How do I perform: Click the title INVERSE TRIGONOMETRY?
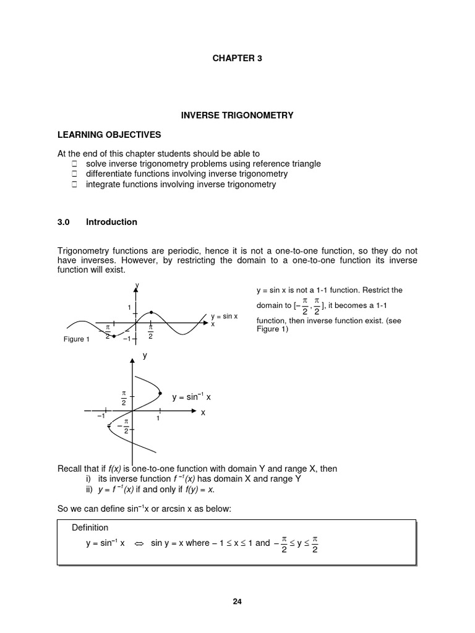click(237, 115)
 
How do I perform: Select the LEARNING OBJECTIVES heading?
click(109, 134)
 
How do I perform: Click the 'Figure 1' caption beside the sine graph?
click(77, 339)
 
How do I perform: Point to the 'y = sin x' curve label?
click(224, 316)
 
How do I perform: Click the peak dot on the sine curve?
click(152, 312)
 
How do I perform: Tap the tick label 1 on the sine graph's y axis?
click(129, 308)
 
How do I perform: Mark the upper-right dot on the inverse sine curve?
click(160, 393)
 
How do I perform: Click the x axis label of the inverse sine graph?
click(202, 413)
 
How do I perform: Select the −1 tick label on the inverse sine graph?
click(101, 417)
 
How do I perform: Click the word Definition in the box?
click(90, 527)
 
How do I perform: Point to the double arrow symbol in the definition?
click(139, 543)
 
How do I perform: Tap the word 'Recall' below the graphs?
click(70, 469)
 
